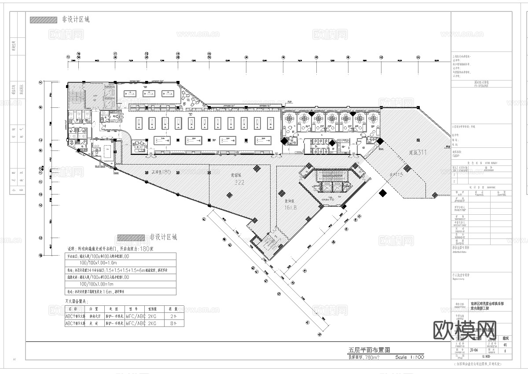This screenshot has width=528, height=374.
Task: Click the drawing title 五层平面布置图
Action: (x=369, y=350)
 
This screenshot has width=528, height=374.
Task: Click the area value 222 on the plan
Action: (x=239, y=182)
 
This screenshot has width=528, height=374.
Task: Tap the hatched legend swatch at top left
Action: (x=43, y=19)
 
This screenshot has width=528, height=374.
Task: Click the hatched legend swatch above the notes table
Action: (x=131, y=237)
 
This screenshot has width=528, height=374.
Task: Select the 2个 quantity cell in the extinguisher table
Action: (x=172, y=316)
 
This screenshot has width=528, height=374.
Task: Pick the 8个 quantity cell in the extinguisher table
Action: (x=172, y=323)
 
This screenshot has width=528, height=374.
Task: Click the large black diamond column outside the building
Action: (x=383, y=192)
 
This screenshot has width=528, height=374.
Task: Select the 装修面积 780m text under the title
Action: (x=363, y=357)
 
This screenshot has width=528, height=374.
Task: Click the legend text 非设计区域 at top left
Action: (x=76, y=19)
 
